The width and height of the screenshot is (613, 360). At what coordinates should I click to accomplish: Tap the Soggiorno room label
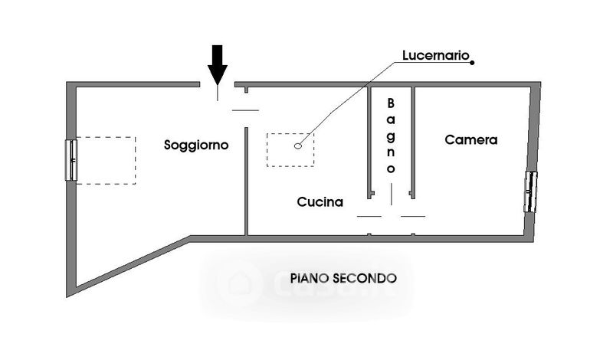[196, 144]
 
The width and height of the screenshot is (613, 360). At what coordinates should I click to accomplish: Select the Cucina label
[320, 202]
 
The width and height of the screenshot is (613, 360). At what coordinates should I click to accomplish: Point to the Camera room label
[471, 140]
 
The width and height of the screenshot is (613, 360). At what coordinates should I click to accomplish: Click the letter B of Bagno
[391, 103]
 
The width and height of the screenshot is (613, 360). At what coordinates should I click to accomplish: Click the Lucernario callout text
[436, 56]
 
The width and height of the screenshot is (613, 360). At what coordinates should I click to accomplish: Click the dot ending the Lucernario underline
[472, 62]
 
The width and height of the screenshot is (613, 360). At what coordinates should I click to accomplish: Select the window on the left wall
[71, 159]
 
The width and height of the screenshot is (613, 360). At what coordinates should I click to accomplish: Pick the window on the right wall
[530, 191]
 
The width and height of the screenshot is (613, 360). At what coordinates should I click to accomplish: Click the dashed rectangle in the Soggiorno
[106, 160]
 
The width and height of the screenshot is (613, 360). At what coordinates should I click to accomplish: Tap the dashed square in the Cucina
[290, 149]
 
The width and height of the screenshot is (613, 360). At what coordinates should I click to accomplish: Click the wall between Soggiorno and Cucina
[246, 184]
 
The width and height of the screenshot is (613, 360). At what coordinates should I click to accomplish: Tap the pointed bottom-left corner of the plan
[70, 292]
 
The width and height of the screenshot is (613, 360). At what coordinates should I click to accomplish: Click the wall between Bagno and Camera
[413, 142]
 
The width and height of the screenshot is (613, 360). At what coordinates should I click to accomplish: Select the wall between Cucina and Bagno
[369, 142]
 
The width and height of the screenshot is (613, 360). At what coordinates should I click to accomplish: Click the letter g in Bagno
[391, 135]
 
